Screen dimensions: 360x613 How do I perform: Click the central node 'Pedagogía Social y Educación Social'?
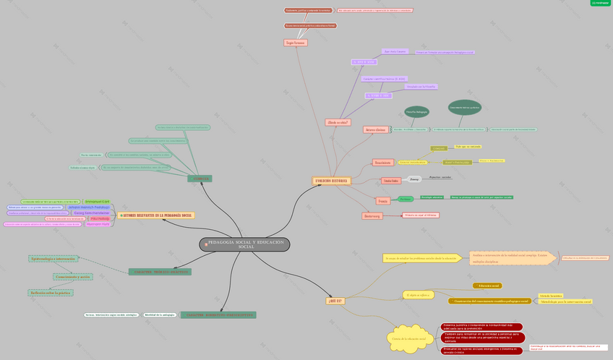(x=244, y=244)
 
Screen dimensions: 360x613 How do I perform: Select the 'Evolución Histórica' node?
(x=332, y=181)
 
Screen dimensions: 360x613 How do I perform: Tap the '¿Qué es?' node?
(x=335, y=300)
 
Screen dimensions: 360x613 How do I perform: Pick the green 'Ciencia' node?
(x=200, y=179)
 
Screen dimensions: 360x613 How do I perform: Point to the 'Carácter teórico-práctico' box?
(x=160, y=272)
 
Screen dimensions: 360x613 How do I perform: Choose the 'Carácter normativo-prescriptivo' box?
(x=218, y=315)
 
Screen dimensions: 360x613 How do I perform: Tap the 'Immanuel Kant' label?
(x=97, y=201)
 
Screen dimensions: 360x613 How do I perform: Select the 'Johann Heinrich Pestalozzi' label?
(x=89, y=207)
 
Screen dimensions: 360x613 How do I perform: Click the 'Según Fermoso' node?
(x=295, y=43)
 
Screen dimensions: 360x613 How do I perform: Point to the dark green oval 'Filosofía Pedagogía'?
(x=416, y=112)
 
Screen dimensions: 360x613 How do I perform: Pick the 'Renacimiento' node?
(x=382, y=163)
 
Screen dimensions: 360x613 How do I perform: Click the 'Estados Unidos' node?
(x=391, y=181)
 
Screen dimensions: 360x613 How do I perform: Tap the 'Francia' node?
(x=382, y=200)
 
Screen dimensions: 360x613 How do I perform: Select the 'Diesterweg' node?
(x=372, y=215)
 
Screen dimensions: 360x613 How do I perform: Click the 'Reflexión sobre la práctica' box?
(x=51, y=293)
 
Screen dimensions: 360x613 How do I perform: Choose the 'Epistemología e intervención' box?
(x=52, y=258)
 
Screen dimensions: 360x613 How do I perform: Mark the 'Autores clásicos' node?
(x=375, y=129)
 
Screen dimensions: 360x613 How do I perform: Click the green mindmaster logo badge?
(x=601, y=3)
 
